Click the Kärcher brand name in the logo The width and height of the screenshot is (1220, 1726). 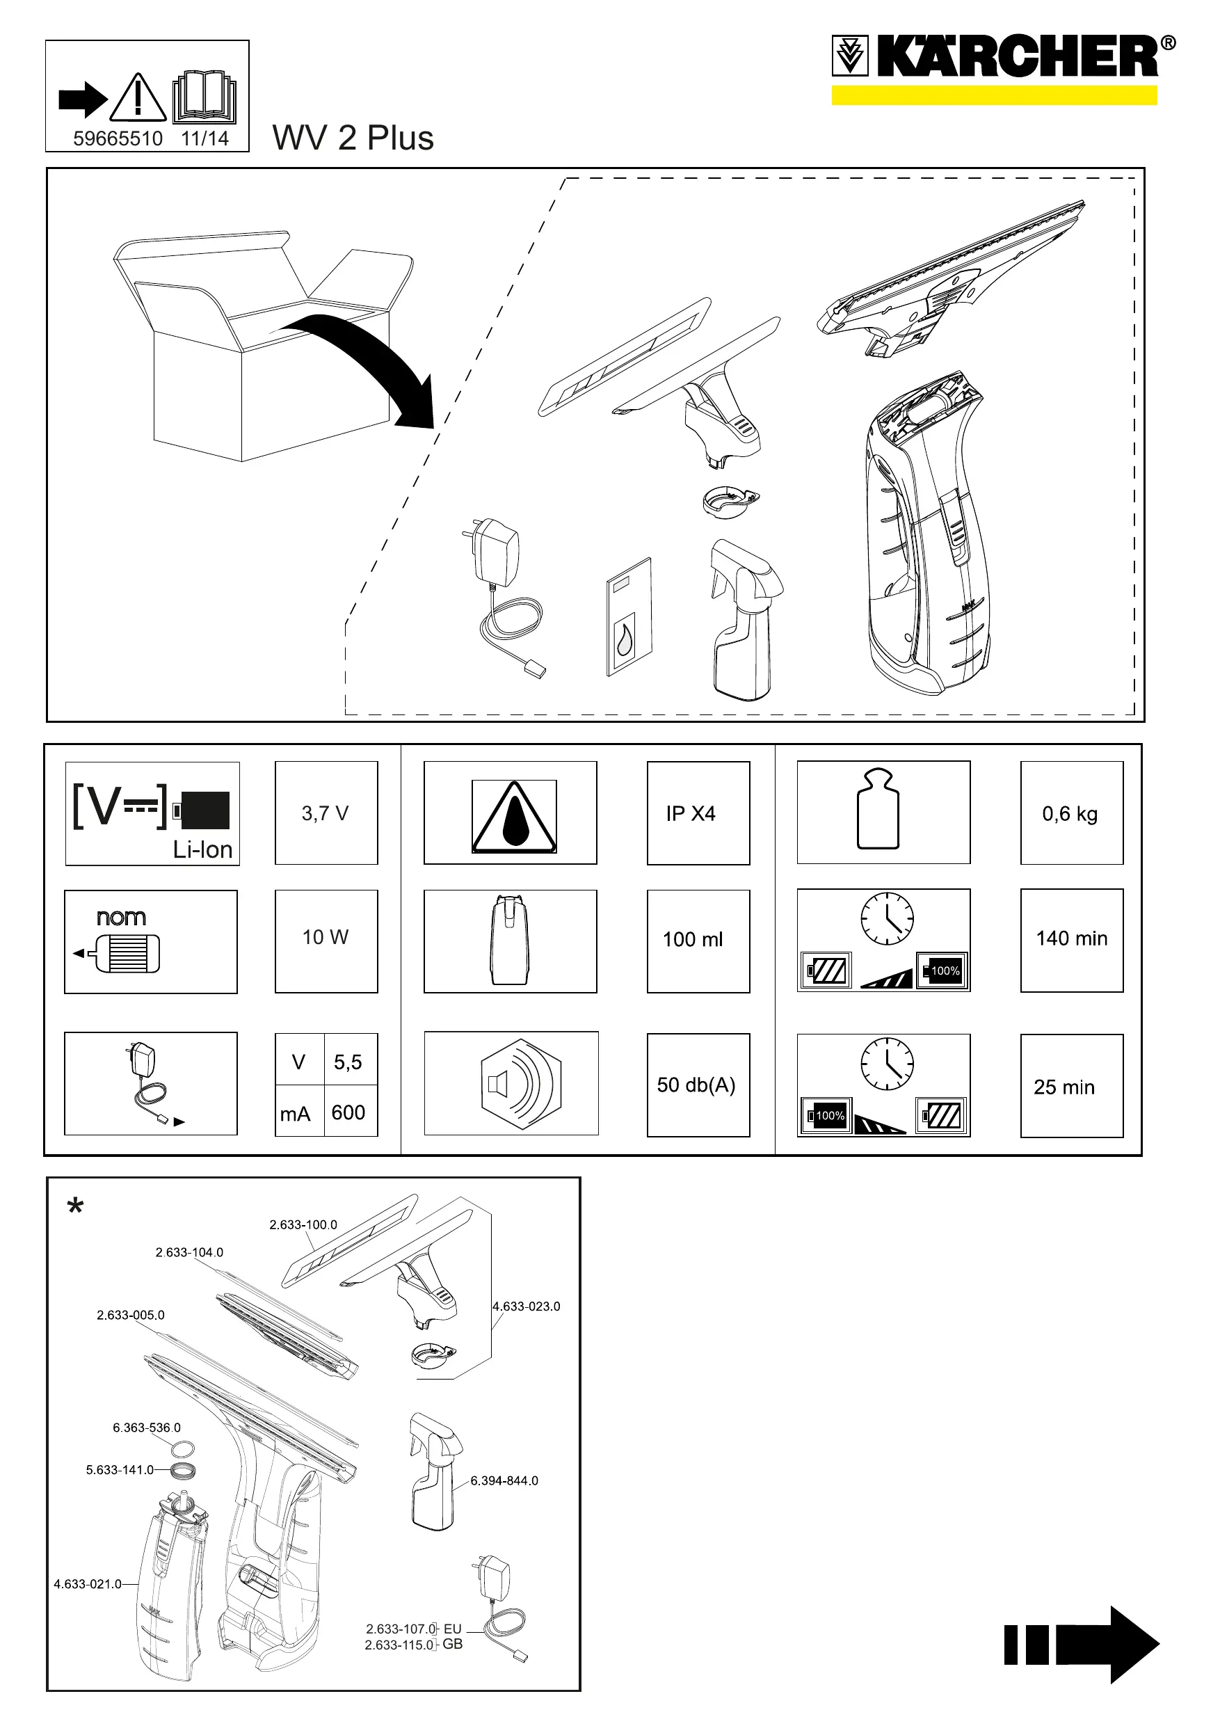(1018, 56)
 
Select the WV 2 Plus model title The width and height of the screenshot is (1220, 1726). (353, 138)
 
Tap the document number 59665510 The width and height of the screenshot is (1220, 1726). (118, 138)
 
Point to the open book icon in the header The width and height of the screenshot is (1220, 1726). (204, 97)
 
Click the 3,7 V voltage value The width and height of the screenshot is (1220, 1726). (325, 813)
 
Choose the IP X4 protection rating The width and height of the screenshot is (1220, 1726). (690, 813)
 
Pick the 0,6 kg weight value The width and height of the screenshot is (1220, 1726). (1070, 813)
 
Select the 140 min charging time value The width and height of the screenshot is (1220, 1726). (1071, 938)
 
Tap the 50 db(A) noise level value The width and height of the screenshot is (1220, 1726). (696, 1085)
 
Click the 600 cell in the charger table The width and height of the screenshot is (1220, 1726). (348, 1112)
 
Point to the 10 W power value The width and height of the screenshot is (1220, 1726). (325, 936)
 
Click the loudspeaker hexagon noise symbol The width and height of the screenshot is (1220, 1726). (520, 1083)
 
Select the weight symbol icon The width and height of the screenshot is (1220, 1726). (878, 809)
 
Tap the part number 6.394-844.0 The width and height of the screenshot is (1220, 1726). (504, 1481)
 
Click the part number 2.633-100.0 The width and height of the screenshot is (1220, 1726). (303, 1224)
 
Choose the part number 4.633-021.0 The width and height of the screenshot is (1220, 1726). (87, 1584)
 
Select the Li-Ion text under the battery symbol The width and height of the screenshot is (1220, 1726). (202, 849)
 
